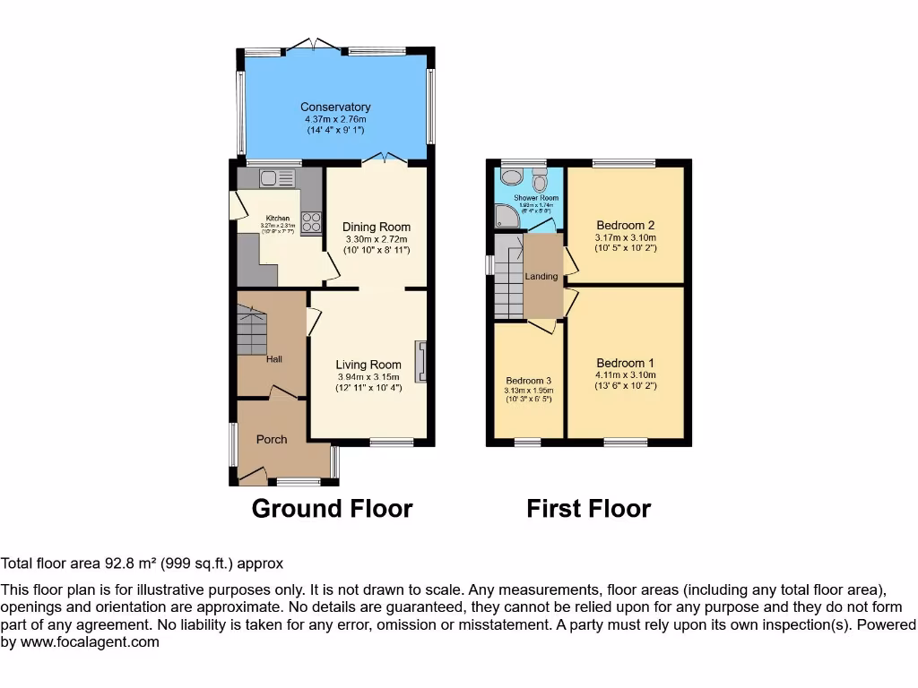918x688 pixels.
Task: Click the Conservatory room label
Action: pyautogui.click(x=335, y=107)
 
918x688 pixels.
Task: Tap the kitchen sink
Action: pyautogui.click(x=277, y=178)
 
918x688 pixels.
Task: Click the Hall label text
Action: pyautogui.click(x=274, y=359)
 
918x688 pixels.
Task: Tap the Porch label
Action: pyautogui.click(x=272, y=439)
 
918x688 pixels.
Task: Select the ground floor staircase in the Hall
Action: pyautogui.click(x=252, y=330)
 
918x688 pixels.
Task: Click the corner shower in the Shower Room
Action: pyautogui.click(x=506, y=215)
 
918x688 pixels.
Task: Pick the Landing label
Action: pyautogui.click(x=541, y=277)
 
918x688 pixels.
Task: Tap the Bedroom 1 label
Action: pyautogui.click(x=625, y=363)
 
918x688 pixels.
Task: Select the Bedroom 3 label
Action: pyautogui.click(x=528, y=380)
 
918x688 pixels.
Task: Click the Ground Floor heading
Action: pyautogui.click(x=332, y=509)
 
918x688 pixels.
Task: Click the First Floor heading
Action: pyautogui.click(x=588, y=509)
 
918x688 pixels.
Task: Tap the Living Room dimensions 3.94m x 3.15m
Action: pyautogui.click(x=368, y=377)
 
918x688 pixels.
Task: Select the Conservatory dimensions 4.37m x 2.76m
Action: pyautogui.click(x=335, y=119)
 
